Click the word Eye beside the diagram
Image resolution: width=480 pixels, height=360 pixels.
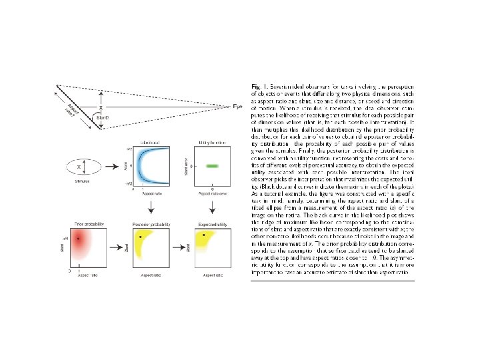237,107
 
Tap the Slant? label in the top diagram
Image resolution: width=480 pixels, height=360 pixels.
103,117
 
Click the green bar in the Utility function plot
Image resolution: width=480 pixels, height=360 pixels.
213,165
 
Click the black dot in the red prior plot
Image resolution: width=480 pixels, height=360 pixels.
79,238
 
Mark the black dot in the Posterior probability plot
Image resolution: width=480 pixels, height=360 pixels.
141,237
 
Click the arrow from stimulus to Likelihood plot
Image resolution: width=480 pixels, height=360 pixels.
117,165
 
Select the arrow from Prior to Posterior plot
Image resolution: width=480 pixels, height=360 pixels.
117,245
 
